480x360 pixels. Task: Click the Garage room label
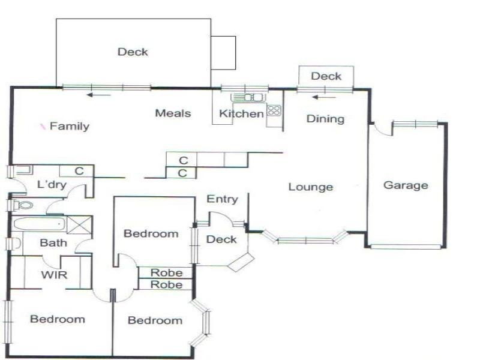click(x=406, y=185)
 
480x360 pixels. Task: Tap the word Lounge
click(x=310, y=187)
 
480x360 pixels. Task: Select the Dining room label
click(x=325, y=119)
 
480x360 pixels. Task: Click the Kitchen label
click(x=241, y=114)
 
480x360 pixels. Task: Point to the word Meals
click(x=173, y=113)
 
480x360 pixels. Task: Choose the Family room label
click(x=69, y=127)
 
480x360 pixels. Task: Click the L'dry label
click(x=52, y=185)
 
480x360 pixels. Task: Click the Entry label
click(x=222, y=199)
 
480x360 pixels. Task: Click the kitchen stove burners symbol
click(x=274, y=110)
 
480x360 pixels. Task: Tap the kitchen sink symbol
click(x=248, y=97)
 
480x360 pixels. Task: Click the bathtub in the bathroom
click(x=39, y=224)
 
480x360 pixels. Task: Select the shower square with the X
click(x=78, y=225)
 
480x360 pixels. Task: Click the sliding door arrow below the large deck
click(x=98, y=95)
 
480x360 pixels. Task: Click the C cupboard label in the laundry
click(x=79, y=172)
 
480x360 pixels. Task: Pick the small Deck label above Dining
click(x=326, y=76)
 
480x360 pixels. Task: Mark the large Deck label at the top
click(x=133, y=52)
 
